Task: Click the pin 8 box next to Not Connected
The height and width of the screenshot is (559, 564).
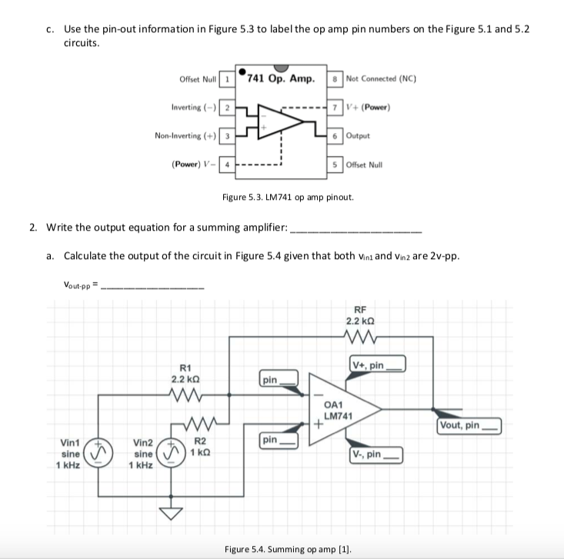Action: (x=336, y=78)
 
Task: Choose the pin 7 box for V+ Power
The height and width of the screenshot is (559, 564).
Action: (x=336, y=107)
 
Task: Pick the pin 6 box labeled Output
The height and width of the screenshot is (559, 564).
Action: (x=336, y=135)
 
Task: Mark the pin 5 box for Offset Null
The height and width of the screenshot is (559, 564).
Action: (x=336, y=164)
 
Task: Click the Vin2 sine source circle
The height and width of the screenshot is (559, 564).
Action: (x=169, y=451)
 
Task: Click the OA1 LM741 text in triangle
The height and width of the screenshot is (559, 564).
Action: (x=338, y=411)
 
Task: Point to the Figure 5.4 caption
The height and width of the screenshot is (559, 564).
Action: (x=279, y=549)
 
